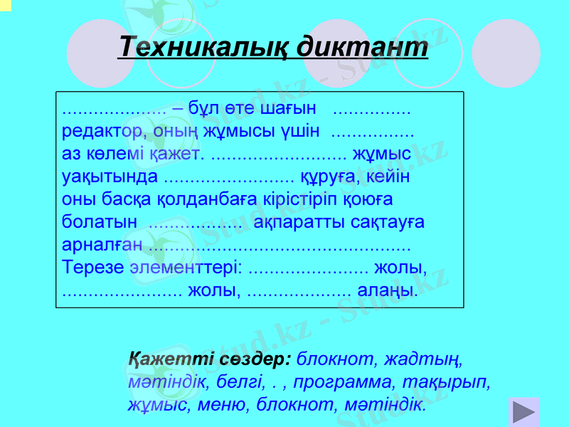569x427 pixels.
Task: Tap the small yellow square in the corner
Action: click(x=5, y=5)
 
